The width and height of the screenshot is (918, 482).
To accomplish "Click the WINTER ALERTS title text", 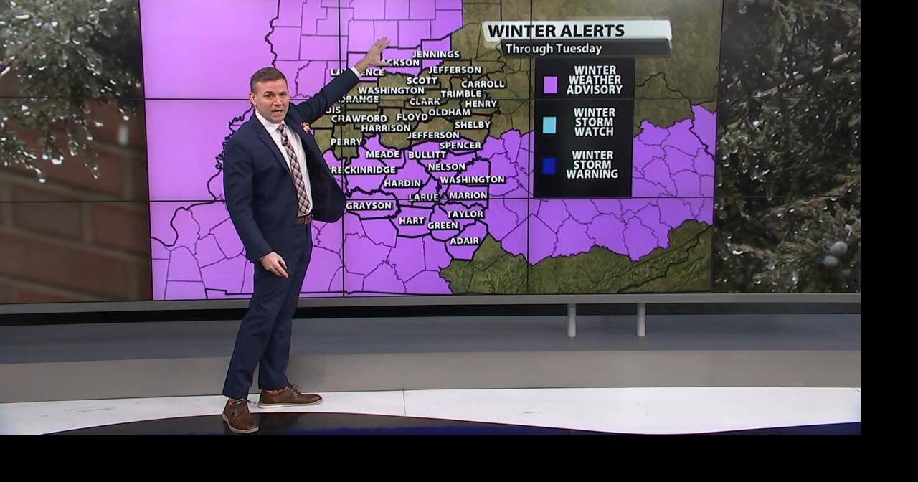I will [x=556, y=31].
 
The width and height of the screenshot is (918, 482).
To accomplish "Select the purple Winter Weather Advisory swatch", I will [x=550, y=85].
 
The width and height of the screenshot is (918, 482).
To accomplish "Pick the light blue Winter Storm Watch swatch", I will [x=549, y=125].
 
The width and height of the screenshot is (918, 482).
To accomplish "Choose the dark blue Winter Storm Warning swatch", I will [x=549, y=166].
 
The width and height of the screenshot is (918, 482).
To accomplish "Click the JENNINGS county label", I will [x=436, y=55].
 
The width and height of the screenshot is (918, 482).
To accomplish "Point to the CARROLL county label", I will [x=483, y=84].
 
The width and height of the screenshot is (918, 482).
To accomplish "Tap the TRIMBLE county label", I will [x=460, y=94].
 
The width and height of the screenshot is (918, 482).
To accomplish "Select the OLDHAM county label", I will [x=449, y=112].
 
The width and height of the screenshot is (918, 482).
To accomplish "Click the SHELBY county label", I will [x=473, y=125].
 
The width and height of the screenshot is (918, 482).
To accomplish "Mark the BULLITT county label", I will [x=427, y=155].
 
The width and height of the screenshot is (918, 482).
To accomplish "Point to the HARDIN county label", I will [x=402, y=184].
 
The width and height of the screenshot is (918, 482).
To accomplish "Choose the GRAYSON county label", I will [x=369, y=206].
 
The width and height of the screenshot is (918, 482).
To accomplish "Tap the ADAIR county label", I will [x=464, y=241].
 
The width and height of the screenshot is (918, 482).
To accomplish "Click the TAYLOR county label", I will [x=465, y=214].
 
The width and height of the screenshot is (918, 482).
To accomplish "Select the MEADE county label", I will [x=382, y=154].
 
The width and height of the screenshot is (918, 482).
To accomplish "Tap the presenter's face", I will [x=270, y=96].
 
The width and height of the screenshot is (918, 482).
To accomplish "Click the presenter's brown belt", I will [x=304, y=219].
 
